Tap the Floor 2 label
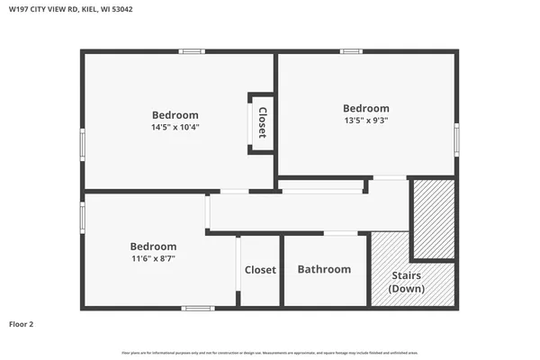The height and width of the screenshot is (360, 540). tap(22, 324)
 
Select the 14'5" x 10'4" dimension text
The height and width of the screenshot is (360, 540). tap(175, 128)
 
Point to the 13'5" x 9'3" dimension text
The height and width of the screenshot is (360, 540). tap(366, 121)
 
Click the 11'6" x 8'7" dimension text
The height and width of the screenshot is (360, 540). tap(153, 258)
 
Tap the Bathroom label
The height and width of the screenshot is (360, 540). tap(324, 269)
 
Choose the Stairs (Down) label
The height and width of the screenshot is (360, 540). tap(407, 282)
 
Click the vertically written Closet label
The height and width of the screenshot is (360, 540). tap(262, 123)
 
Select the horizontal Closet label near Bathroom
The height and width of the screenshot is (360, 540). tap(260, 269)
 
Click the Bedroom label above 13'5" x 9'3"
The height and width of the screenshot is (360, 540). tap(366, 108)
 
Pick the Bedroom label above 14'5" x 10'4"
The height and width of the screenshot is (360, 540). tap(175, 115)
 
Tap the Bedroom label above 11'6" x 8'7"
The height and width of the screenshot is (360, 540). tap(153, 246)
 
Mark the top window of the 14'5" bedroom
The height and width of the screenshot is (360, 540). tap(192, 51)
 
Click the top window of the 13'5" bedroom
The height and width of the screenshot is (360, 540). tap(351, 51)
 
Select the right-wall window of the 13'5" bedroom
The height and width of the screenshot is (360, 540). tap(456, 139)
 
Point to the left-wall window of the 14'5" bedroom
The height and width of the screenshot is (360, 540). tap(83, 144)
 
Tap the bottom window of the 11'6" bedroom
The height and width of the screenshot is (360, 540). tap(198, 309)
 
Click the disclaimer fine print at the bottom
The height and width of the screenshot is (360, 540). tap(270, 352)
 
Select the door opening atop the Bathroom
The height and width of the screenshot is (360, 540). tap(340, 234)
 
